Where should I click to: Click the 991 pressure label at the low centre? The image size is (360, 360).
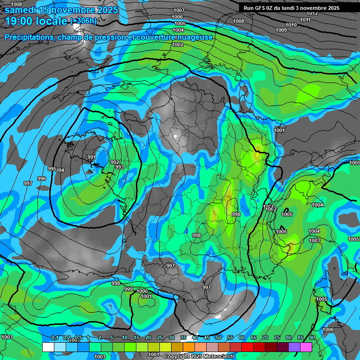click(x=91, y=157)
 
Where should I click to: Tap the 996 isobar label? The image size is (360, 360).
click(x=42, y=179)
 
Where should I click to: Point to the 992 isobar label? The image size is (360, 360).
click(x=115, y=162)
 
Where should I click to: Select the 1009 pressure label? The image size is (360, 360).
click(x=281, y=30)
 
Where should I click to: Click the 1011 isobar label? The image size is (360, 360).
click(x=306, y=20)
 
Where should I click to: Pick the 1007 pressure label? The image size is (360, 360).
click(x=179, y=10)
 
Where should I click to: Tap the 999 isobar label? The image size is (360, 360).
click(x=128, y=289)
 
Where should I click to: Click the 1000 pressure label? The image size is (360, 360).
click(x=142, y=291)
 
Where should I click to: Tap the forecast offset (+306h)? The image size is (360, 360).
click(x=83, y=21)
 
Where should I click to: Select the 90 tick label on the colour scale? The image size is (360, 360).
click(x=312, y=337)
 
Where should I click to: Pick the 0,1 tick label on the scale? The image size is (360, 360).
click(x=55, y=337)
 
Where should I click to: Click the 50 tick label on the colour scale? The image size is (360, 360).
click(x=218, y=337)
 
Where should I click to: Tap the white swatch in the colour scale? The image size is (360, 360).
click(x=48, y=347)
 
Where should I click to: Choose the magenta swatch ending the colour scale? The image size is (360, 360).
click(x=306, y=347)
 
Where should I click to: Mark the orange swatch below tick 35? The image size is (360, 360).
click(x=189, y=347)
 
